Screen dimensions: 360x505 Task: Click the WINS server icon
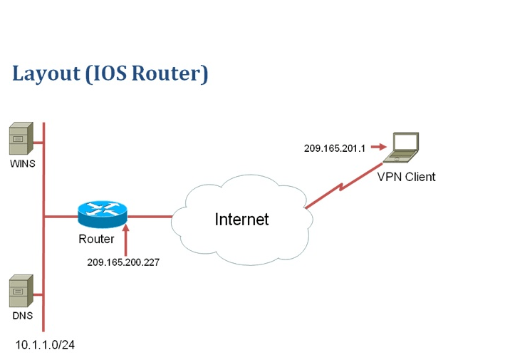pos(20,140)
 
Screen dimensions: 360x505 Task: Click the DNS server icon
pos(20,292)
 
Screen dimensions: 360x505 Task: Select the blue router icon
pos(101,212)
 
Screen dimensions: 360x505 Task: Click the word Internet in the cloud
pos(241,220)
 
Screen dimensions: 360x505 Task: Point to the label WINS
pos(22,164)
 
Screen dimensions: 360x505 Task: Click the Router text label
pos(96,240)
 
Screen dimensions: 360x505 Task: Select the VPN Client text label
pos(406,177)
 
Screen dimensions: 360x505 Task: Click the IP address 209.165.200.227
pos(123,262)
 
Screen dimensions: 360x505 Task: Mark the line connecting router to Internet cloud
pos(150,215)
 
